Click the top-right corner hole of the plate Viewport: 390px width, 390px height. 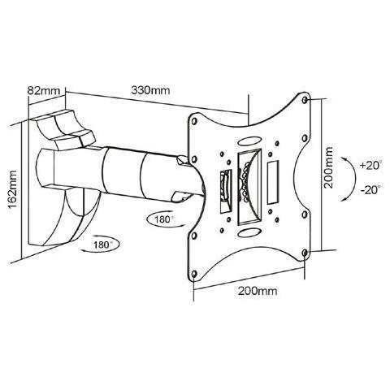pos(304,101)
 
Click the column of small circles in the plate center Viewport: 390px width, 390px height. pos(247,186)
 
